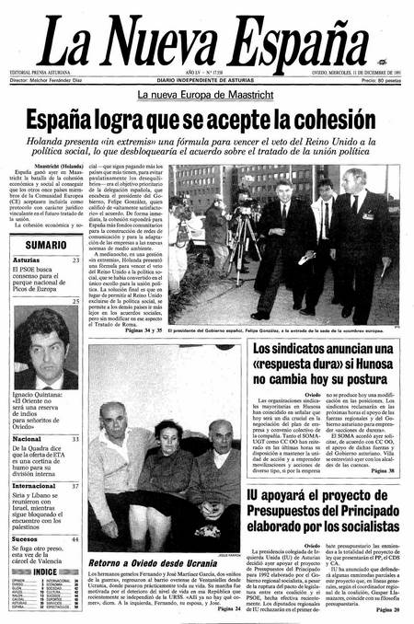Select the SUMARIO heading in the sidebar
[x=44, y=246]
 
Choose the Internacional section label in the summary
[x=33, y=484]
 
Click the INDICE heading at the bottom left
[x=44, y=571]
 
